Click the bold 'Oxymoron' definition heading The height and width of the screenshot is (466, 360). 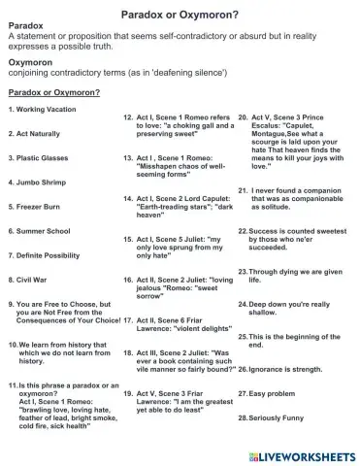pyautogui.click(x=29, y=60)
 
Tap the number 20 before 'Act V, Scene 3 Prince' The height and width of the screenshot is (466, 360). pyautogui.click(x=243, y=116)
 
